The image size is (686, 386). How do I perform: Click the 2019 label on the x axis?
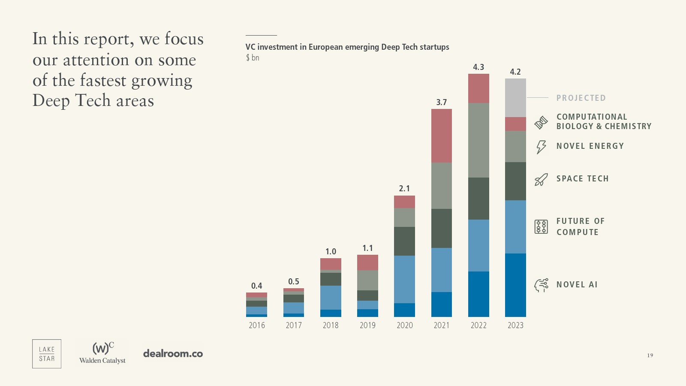[367, 325]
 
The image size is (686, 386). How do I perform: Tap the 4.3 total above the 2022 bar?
[478, 67]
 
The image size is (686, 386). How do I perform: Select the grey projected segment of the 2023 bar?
[515, 98]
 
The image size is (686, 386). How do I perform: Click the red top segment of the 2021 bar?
[442, 136]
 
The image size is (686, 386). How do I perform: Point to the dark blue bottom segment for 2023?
[515, 285]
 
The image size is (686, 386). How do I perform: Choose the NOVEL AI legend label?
[577, 285]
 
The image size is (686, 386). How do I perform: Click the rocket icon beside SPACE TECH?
[541, 179]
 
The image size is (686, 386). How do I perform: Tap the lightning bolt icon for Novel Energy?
[541, 147]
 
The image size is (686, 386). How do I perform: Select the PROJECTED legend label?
[581, 98]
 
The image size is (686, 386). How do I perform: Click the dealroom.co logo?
[173, 354]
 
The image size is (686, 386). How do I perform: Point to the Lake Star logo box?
[47, 354]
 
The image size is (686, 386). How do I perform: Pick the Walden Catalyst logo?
[102, 353]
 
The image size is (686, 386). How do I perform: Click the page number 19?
[650, 355]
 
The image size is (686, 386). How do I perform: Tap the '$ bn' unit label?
[253, 57]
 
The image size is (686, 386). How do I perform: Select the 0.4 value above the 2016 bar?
[256, 286]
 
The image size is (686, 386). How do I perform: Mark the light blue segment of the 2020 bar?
[404, 279]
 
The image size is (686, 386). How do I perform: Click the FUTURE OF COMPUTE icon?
[541, 226]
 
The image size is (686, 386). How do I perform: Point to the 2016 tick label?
[257, 325]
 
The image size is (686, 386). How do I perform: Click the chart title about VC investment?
[347, 47]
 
